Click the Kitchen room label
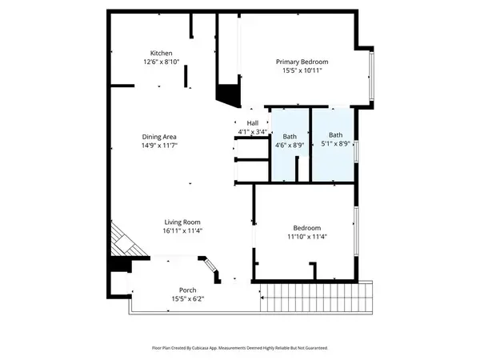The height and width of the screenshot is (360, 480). click(x=158, y=53)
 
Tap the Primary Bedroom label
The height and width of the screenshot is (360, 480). click(x=302, y=62)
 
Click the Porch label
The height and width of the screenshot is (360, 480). click(x=188, y=290)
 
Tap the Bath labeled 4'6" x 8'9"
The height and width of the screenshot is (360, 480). click(x=289, y=137)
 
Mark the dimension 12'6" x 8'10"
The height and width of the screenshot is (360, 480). click(x=158, y=62)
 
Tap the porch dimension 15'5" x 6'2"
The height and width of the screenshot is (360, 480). click(x=188, y=299)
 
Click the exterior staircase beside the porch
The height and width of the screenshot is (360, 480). click(x=317, y=298)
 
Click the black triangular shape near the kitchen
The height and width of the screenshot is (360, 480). click(x=228, y=94)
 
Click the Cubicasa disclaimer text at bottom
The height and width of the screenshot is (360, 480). click(x=240, y=348)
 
